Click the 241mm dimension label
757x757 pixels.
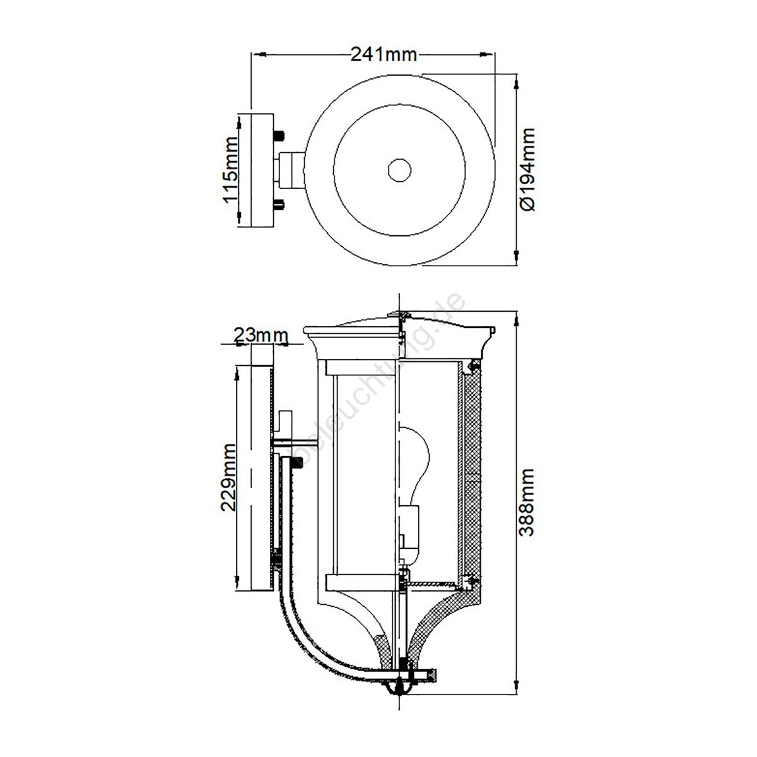tap(384, 55)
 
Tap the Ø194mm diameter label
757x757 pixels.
tap(527, 169)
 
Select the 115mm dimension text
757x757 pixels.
tap(230, 170)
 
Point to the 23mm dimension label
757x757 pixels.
tap(261, 336)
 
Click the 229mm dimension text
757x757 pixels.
tap(228, 478)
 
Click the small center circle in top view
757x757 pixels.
tap(399, 170)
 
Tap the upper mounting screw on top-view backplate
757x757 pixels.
tap(279, 136)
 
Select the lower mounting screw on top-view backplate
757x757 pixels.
tap(279, 204)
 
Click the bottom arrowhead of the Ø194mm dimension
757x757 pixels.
tap(516, 257)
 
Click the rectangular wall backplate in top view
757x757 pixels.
tap(262, 170)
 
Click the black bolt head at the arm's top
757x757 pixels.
tap(297, 462)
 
